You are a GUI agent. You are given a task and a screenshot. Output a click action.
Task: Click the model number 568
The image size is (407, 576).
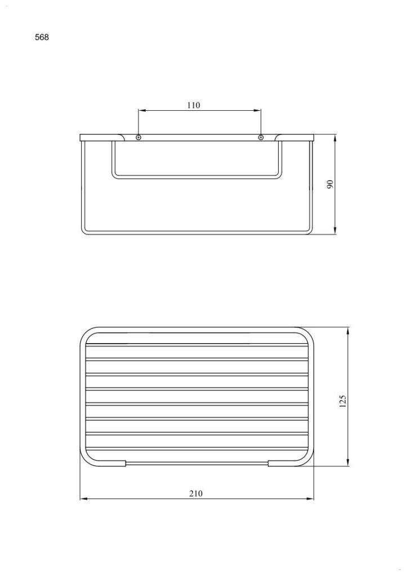point(42,37)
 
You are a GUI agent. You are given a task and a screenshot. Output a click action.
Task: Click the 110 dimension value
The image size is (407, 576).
point(194,105)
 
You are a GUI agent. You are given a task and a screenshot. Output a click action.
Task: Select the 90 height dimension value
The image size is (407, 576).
point(330,184)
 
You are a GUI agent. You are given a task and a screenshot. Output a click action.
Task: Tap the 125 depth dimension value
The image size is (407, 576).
point(342,401)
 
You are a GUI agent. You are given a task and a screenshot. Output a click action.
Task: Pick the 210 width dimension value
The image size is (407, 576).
point(195,493)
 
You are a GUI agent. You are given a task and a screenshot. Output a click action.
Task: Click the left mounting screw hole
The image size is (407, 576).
point(138,137)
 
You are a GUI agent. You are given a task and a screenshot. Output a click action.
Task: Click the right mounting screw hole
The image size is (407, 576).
point(261,137)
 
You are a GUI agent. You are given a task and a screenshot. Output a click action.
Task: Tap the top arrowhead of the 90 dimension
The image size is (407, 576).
point(335,139)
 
